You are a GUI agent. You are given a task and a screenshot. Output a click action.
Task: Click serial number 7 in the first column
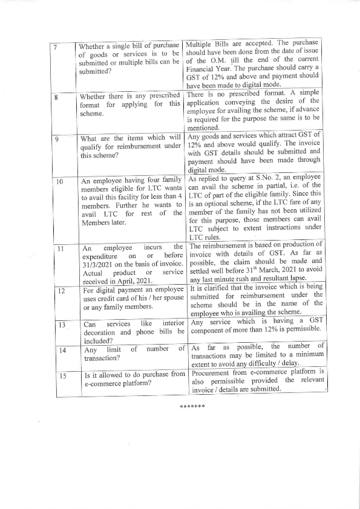[x=55, y=47]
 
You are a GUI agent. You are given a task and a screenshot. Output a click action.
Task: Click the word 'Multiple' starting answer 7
[x=200, y=44]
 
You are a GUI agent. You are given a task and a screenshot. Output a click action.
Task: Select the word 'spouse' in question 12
[x=171, y=300]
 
